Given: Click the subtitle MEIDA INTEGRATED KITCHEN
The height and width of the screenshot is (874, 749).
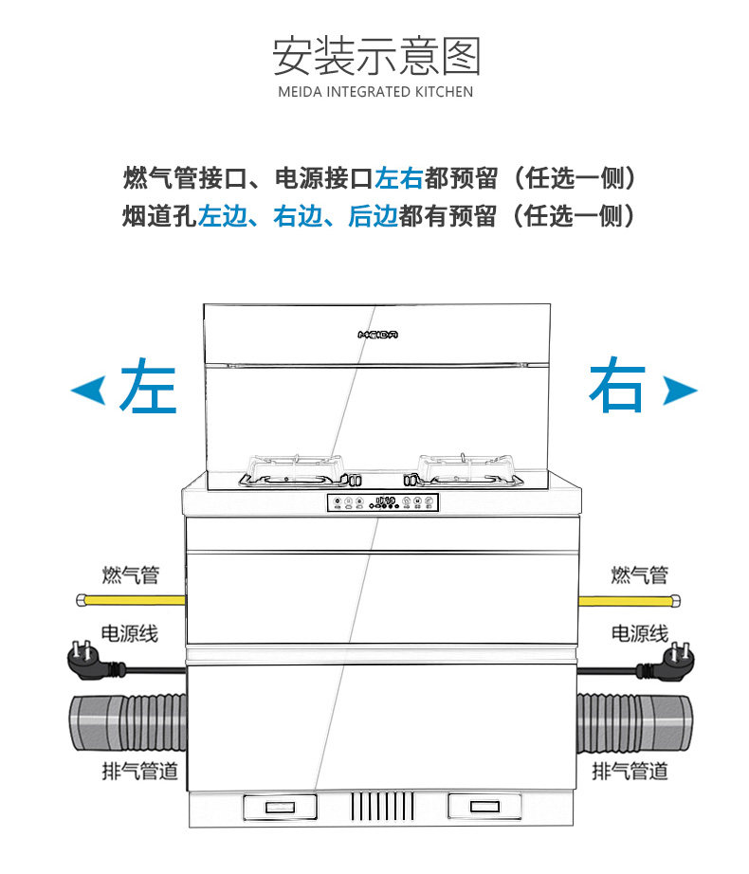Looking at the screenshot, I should click(x=376, y=93).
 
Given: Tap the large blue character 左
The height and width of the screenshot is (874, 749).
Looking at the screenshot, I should click(x=149, y=386).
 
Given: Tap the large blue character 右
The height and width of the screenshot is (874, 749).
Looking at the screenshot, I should click(x=618, y=386).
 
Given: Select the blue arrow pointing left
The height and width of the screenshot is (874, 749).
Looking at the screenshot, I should click(x=88, y=389).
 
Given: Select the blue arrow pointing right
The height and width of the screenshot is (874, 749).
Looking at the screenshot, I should click(x=680, y=389).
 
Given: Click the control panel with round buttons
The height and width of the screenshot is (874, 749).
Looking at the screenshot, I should click(x=382, y=503).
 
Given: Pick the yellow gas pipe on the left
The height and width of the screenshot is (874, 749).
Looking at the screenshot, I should click(x=129, y=599).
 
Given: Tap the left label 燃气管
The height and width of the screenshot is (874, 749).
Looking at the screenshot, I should click(x=130, y=574).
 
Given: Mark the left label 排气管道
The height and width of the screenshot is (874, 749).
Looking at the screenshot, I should click(x=139, y=771).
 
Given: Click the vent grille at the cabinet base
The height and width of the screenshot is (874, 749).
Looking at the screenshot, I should click(x=382, y=808).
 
